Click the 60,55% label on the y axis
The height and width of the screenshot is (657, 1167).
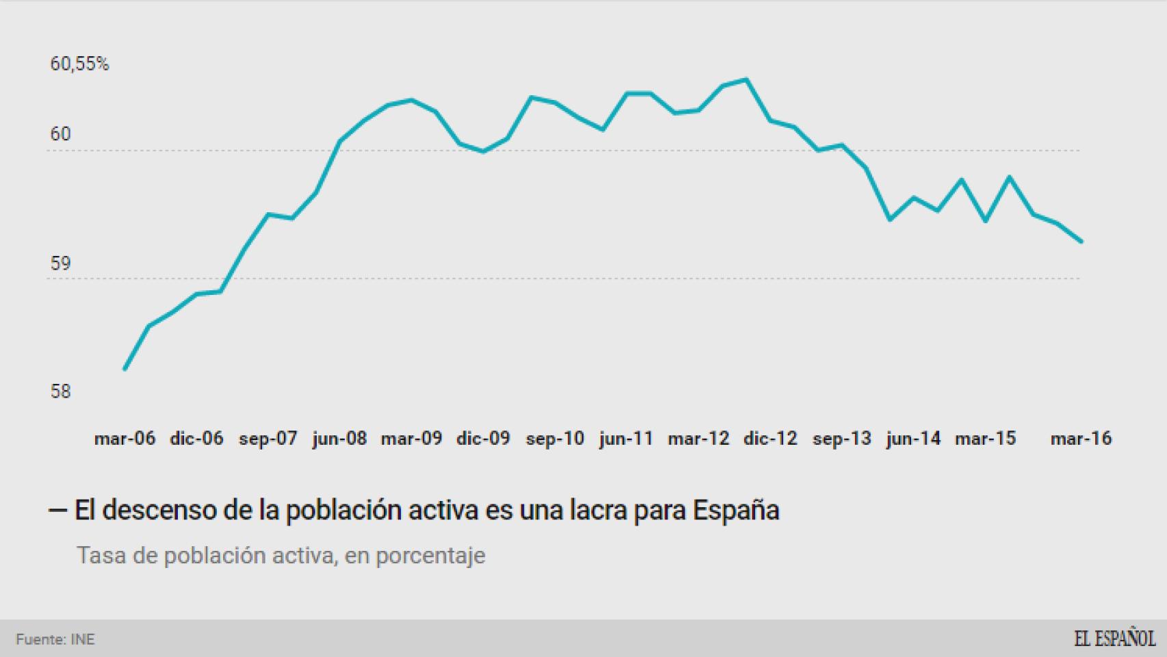point(79,64)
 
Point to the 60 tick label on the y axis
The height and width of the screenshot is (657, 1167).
point(60,134)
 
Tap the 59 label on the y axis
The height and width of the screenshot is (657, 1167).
point(60,263)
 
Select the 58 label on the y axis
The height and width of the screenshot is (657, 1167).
point(60,391)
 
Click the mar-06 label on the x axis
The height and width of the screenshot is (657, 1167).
point(124,439)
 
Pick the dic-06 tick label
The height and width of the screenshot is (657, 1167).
point(196,439)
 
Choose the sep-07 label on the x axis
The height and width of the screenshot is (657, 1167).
point(267,439)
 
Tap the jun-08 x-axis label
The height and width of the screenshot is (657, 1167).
point(339,439)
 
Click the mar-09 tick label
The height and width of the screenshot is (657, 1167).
point(411,439)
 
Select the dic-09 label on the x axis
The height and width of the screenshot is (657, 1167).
point(483,439)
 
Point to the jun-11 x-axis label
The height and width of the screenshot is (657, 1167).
point(626,439)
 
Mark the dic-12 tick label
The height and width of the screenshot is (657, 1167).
point(770,439)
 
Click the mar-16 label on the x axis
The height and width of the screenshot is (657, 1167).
point(1081,439)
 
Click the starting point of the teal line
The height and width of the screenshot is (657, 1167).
point(124,369)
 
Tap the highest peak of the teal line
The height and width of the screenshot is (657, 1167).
point(746,79)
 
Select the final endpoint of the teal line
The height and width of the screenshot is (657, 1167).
point(1081,242)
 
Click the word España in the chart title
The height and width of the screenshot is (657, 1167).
point(736,511)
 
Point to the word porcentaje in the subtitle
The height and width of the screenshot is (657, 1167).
point(430,556)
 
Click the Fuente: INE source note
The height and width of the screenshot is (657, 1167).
point(55,640)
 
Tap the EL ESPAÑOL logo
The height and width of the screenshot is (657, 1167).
point(1114,639)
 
